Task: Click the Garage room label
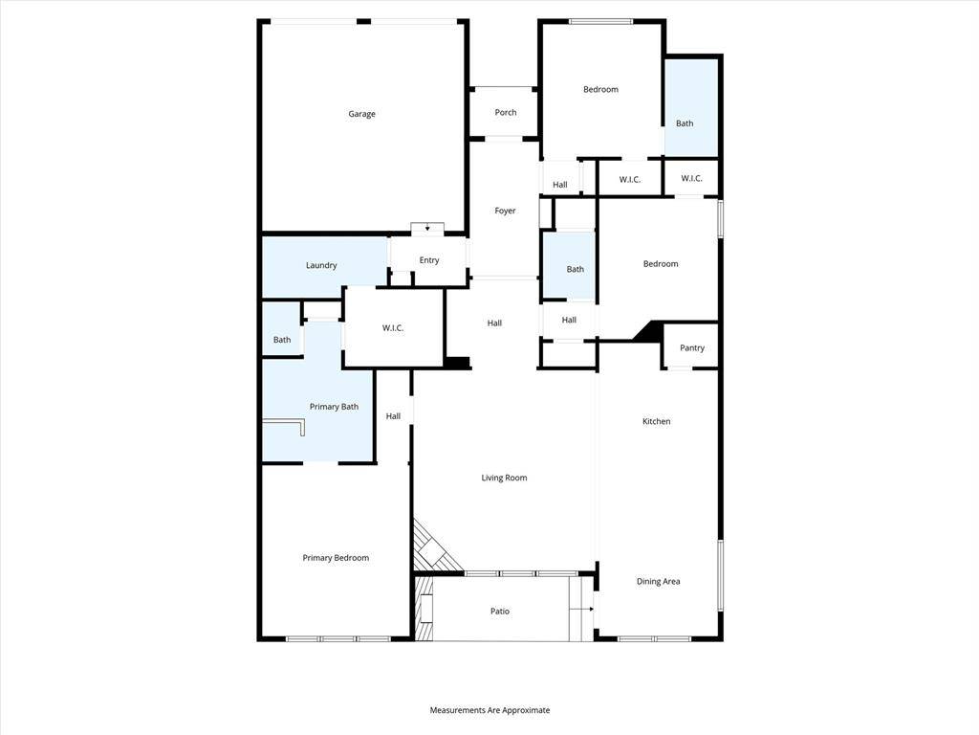point(361,114)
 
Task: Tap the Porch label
point(505,113)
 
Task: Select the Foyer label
point(505,211)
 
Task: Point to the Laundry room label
point(321,265)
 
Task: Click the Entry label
point(429,260)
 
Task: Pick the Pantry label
point(692,347)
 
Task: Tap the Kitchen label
point(656,421)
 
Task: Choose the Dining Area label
point(658,581)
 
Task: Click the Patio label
point(499,612)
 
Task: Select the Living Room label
point(504,478)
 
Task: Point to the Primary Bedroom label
point(336,558)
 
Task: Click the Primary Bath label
point(334,406)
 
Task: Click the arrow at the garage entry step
point(427,228)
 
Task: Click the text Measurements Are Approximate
point(489,710)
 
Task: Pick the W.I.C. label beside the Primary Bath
point(393,327)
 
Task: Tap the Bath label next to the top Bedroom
point(685,123)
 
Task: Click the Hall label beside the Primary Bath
point(393,416)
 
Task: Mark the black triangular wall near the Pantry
point(649,331)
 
